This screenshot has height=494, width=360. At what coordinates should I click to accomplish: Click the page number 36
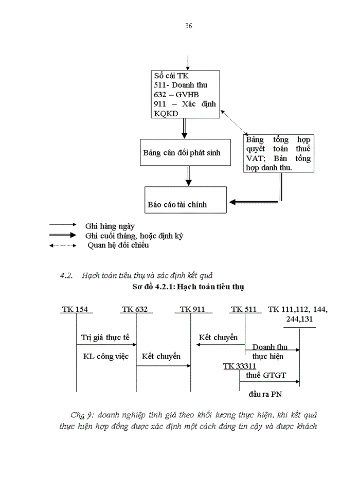click(x=188, y=26)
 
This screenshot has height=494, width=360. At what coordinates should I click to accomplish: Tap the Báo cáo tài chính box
click(x=185, y=200)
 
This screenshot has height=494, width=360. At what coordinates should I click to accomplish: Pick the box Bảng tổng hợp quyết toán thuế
click(x=278, y=154)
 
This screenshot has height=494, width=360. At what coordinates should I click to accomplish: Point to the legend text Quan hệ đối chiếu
click(x=118, y=246)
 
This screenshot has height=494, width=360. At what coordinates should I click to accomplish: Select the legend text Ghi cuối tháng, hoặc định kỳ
click(x=134, y=236)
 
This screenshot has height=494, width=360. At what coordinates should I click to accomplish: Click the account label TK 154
click(x=75, y=309)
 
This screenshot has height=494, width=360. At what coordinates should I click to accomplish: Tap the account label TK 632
click(x=135, y=309)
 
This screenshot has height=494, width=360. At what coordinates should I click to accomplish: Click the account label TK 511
click(x=244, y=309)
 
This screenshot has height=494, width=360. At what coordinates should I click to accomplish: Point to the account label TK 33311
click(x=239, y=366)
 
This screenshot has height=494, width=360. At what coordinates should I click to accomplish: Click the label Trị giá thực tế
click(x=105, y=338)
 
